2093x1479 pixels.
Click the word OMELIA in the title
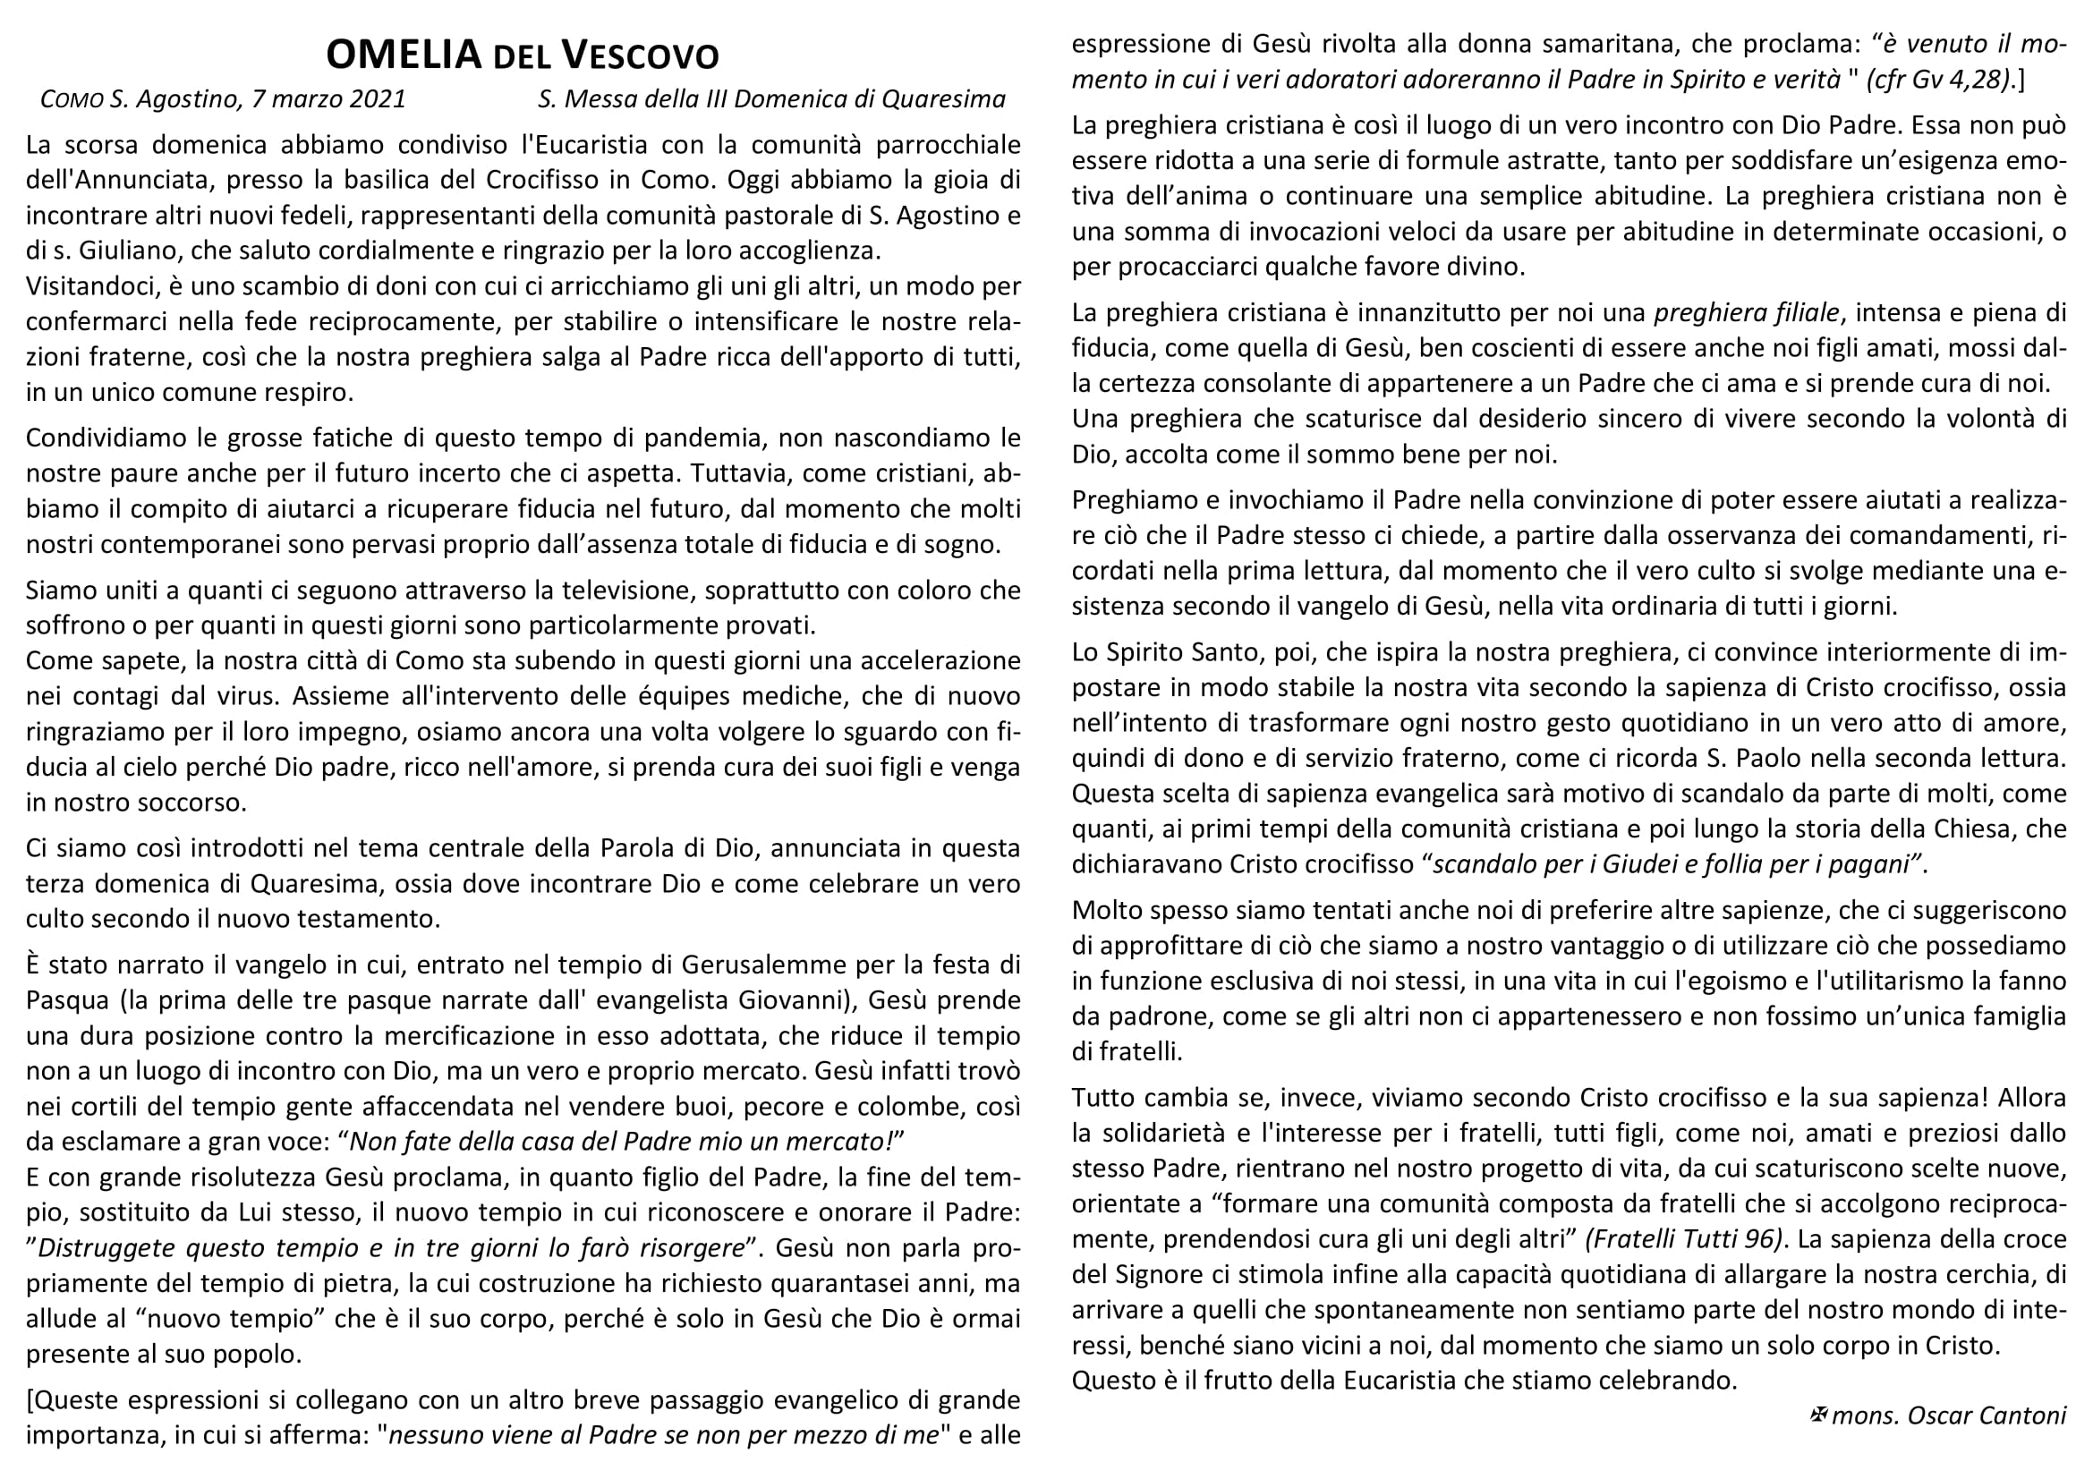pyautogui.click(x=403, y=55)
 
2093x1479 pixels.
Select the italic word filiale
pyautogui.click(x=1803, y=313)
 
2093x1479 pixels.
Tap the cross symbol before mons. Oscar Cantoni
pyautogui.click(x=1817, y=1415)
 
